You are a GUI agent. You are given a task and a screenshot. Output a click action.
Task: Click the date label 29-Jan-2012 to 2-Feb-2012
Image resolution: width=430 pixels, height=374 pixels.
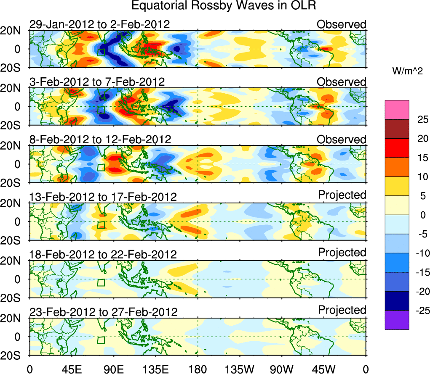(x=99, y=24)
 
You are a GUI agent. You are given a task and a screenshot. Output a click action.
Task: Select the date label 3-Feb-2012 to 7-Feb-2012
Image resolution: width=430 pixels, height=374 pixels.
(x=97, y=82)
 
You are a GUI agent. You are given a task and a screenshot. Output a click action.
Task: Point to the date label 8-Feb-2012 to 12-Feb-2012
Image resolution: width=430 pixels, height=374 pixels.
(x=100, y=140)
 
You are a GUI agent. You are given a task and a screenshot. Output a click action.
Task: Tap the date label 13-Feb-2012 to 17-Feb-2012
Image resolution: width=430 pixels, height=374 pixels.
(x=103, y=197)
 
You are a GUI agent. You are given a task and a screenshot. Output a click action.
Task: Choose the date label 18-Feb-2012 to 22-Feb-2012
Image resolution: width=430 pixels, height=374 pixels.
(x=103, y=254)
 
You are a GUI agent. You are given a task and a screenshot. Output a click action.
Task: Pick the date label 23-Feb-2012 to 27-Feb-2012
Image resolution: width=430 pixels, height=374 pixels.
(x=103, y=312)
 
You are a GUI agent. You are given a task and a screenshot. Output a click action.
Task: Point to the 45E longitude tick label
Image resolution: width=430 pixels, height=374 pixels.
(x=71, y=369)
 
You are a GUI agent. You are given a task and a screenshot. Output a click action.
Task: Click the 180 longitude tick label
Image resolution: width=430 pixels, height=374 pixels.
(x=198, y=369)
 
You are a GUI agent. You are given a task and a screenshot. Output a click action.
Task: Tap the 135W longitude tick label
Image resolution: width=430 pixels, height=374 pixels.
(x=240, y=369)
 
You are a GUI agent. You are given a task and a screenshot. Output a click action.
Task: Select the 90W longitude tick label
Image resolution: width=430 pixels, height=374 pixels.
(x=282, y=369)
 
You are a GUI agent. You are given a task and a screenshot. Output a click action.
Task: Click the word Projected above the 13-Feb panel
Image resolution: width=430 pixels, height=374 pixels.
(x=342, y=195)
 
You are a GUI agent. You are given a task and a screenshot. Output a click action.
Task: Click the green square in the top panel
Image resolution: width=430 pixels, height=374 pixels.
(x=101, y=52)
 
